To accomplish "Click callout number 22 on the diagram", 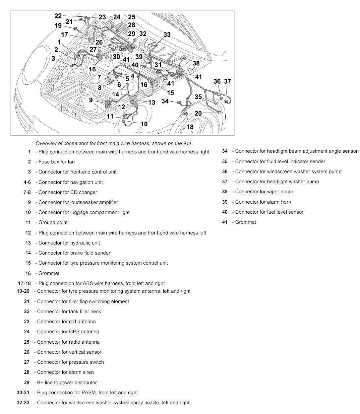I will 58,16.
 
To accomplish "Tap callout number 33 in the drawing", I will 167,34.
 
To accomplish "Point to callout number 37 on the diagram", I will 228,81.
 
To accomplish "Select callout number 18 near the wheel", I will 190,127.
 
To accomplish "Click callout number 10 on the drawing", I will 144,124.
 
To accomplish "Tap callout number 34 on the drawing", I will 165,101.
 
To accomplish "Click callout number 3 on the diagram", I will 53,58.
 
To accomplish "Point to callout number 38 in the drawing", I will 196,63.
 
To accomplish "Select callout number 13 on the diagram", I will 152,102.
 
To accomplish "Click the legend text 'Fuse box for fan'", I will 56,162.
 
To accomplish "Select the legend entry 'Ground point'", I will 53,222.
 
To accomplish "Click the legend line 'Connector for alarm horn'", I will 263,202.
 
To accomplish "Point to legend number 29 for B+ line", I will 27,383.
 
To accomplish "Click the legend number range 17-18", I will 24,283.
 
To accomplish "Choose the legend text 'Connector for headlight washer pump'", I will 277,182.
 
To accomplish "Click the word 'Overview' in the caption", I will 46,143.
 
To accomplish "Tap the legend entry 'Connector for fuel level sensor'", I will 269,212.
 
